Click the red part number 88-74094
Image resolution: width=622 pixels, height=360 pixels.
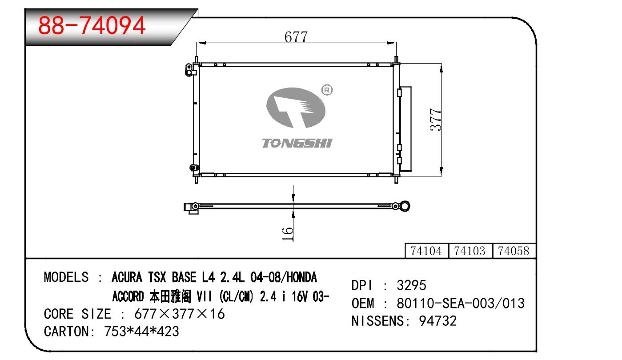pos(92,25)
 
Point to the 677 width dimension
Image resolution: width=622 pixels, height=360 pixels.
pos(296,37)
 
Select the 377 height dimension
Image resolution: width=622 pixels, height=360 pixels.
pos(435,120)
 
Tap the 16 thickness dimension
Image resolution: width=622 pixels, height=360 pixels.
pos(287,234)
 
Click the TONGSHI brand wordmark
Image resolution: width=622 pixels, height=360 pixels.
pos(297,143)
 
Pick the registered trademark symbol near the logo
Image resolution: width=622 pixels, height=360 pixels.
pos(327,90)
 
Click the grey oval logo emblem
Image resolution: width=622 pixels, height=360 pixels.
pos(296,108)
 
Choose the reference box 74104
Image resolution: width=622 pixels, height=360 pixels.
pos(426,251)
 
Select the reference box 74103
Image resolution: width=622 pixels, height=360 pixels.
pos(470,251)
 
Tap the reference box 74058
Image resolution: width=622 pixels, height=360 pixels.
pos(514,251)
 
